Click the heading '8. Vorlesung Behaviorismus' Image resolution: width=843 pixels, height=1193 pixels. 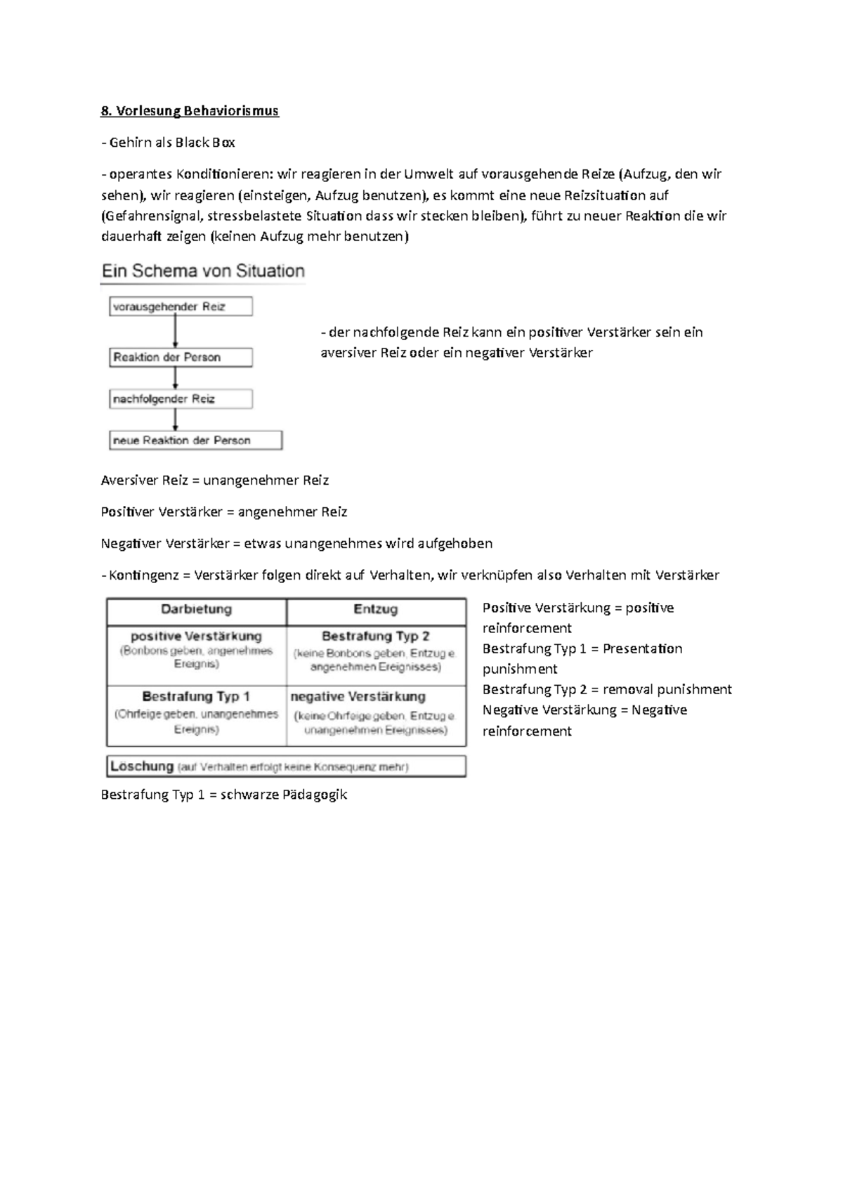190,111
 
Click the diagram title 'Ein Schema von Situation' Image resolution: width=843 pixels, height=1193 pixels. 203,271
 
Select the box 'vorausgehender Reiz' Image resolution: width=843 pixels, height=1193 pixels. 181,307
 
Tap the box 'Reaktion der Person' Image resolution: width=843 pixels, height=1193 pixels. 181,357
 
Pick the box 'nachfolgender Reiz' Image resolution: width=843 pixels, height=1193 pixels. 181,399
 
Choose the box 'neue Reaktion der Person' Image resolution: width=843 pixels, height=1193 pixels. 195,441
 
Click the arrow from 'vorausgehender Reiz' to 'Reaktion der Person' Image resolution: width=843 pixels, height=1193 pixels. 176,332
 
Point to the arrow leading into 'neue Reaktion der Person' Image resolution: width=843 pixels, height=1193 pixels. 176,420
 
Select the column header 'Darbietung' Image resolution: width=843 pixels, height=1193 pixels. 196,610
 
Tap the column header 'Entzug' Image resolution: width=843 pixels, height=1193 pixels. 376,610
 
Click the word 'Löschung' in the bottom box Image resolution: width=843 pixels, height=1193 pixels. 143,767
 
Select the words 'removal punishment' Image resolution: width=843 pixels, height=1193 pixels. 667,689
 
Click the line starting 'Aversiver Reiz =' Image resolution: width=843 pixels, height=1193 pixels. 214,481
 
